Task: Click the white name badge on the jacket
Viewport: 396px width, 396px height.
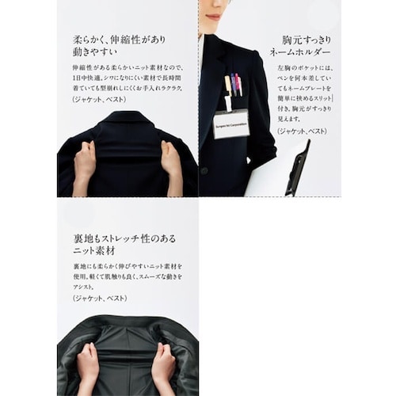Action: pos(230,123)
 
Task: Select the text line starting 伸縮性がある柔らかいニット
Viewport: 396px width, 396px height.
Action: pos(125,68)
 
